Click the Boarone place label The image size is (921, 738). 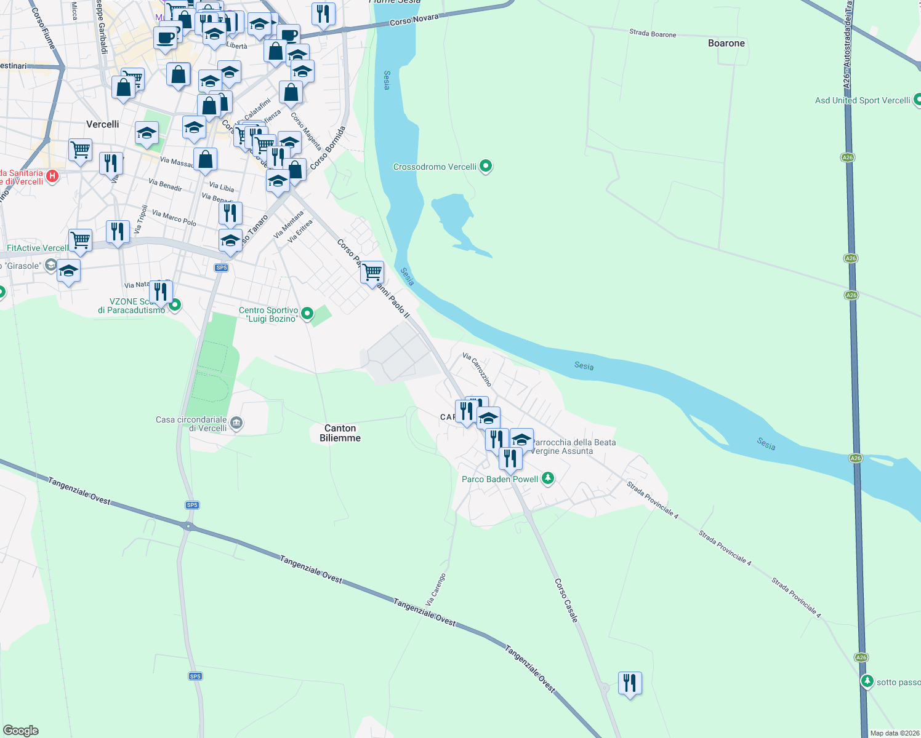coord(726,43)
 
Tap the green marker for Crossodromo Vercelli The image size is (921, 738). coord(486,166)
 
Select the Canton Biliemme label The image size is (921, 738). coord(340,433)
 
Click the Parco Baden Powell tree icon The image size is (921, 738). coord(548,478)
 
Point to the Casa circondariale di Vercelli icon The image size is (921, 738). coord(236,423)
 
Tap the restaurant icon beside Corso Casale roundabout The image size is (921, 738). coord(630,683)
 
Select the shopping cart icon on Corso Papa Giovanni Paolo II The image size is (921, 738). coord(372,271)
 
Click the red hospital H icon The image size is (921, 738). coord(52,177)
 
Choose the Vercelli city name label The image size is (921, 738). coord(103,124)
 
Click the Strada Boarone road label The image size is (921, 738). coord(653,33)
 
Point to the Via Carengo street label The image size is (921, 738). coord(435,590)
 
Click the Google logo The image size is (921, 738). coord(20,731)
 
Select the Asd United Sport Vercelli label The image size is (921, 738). coord(862,100)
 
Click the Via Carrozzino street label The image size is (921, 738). coord(477,369)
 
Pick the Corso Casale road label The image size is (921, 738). coord(566,600)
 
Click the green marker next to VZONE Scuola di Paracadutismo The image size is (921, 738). coord(175,304)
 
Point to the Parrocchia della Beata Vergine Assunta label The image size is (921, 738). coord(573,446)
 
